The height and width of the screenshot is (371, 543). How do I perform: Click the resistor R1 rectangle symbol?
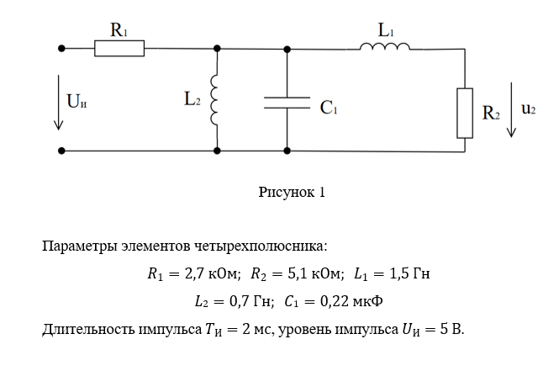click(119, 49)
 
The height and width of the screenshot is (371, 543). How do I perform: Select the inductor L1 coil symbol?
click(385, 47)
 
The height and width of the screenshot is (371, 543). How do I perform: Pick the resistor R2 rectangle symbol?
click(465, 112)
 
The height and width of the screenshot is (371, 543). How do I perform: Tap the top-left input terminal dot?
click(61, 49)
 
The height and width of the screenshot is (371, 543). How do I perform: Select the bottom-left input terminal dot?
click(61, 151)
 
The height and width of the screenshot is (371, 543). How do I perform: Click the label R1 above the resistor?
click(119, 30)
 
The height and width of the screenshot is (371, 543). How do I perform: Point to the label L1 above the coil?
click(386, 30)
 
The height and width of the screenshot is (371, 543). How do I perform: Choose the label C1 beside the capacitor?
click(329, 109)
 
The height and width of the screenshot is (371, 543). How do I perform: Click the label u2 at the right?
click(529, 108)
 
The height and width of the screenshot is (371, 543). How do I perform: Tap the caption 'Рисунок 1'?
click(292, 192)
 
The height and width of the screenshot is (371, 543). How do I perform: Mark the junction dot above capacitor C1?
click(287, 49)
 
